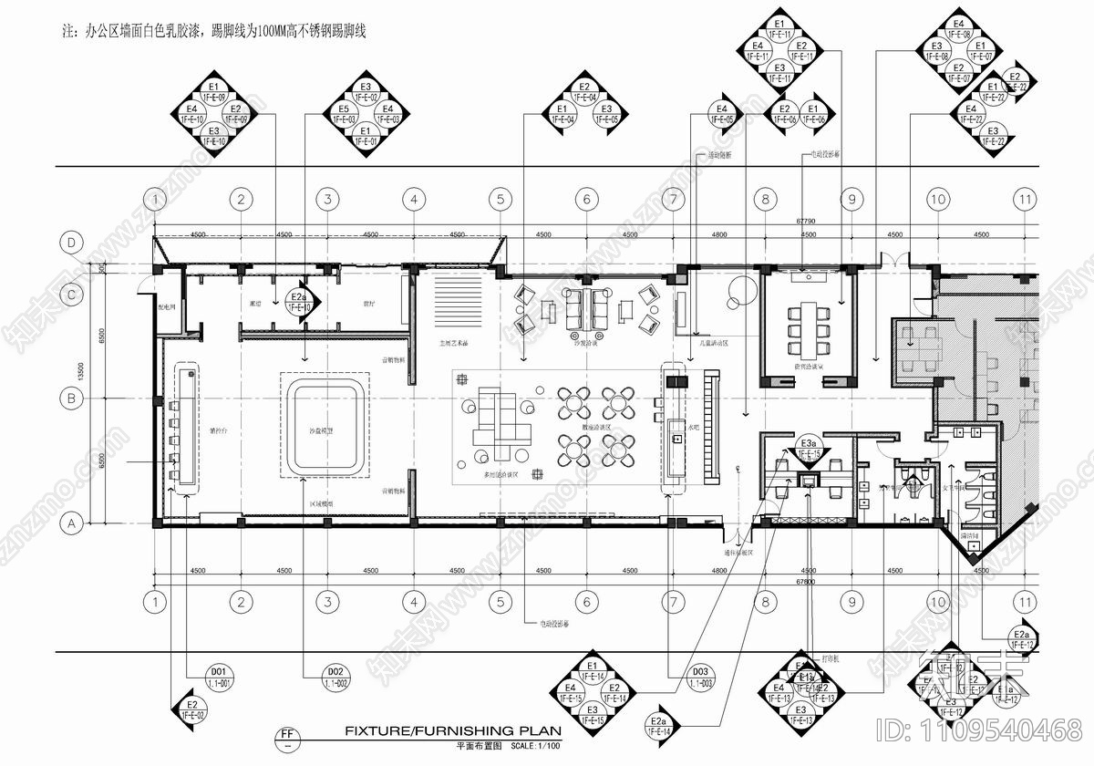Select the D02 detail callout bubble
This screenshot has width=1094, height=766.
(336, 677)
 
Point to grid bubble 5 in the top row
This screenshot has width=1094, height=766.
(500, 199)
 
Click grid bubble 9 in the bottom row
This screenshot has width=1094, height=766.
(851, 602)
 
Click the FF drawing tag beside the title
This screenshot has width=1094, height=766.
(287, 733)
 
